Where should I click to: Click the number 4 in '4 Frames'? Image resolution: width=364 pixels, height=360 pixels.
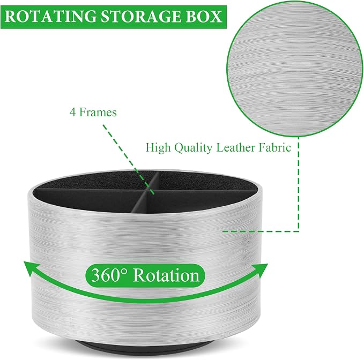click(x=73, y=112)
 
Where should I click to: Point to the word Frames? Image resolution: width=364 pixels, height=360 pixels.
click(x=98, y=112)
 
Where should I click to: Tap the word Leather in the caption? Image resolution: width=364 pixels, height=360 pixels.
click(x=236, y=147)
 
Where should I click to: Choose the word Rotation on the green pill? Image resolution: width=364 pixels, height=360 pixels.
click(x=166, y=275)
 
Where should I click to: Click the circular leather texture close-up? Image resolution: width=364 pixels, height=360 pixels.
click(x=295, y=69)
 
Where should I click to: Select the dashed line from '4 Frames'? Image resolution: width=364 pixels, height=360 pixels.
click(x=128, y=159)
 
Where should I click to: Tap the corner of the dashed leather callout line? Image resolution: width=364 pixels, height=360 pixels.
click(x=299, y=231)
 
